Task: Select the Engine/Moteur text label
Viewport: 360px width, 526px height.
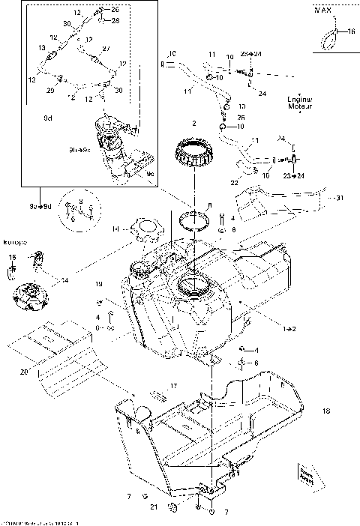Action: click(x=299, y=103)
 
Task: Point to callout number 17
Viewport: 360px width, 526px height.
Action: click(x=173, y=387)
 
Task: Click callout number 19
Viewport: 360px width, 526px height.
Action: click(x=98, y=285)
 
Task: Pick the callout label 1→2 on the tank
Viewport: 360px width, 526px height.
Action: click(x=267, y=328)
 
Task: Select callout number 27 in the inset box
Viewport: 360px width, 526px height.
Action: click(x=105, y=48)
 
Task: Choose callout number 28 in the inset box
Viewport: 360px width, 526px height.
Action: click(x=115, y=20)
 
